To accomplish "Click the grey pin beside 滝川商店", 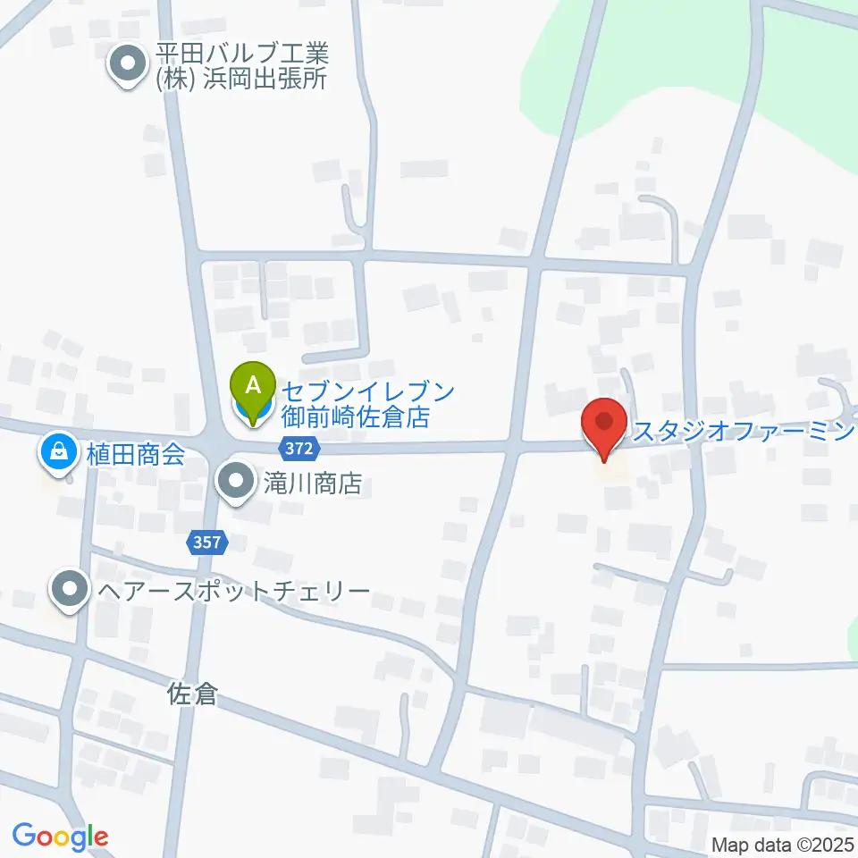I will pyautogui.click(x=236, y=483).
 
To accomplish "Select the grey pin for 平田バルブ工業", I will pyautogui.click(x=127, y=66).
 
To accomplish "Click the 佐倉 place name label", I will pyautogui.click(x=193, y=694).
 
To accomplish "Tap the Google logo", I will pyautogui.click(x=60, y=837).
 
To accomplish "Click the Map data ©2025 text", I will pyautogui.click(x=782, y=844).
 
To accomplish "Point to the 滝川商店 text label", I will pyautogui.click(x=314, y=484).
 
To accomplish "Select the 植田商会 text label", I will pyautogui.click(x=136, y=453).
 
